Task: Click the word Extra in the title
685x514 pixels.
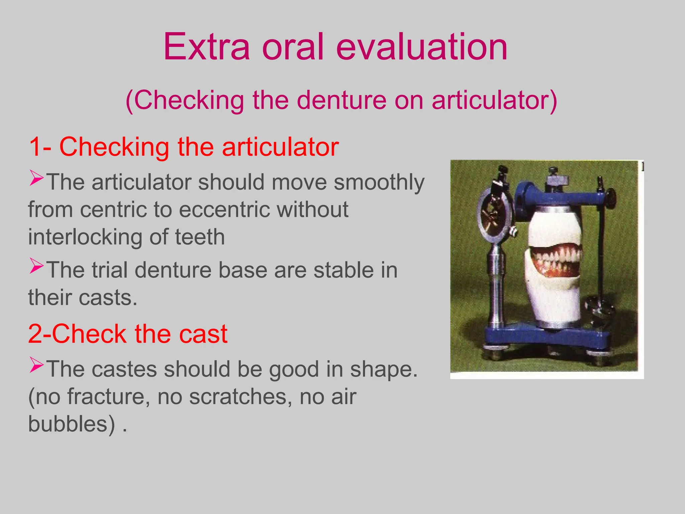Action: [x=206, y=47]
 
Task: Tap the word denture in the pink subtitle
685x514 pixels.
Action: [x=341, y=100]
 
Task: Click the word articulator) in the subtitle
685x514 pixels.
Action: [x=494, y=100]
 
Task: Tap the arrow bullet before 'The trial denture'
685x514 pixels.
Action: [x=36, y=266]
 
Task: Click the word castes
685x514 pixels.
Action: [x=124, y=369]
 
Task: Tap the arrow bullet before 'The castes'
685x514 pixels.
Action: [x=36, y=365]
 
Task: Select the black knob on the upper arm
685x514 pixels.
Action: [x=611, y=198]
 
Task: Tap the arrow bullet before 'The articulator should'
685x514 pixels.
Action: [x=36, y=178]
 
